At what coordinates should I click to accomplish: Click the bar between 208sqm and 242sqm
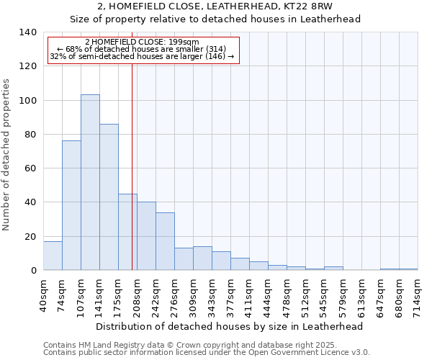tap(146, 235)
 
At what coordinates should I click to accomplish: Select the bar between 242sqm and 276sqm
tap(165, 241)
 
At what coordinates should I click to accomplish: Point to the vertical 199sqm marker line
tap(132, 166)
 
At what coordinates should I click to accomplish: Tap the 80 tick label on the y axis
tap(30, 135)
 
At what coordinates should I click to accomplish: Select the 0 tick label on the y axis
tap(33, 271)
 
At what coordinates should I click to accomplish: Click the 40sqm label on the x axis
tap(43, 295)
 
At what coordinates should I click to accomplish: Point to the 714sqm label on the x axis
tap(418, 295)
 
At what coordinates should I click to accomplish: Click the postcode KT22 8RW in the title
tap(307, 6)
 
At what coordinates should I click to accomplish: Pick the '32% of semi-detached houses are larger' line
tap(142, 56)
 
